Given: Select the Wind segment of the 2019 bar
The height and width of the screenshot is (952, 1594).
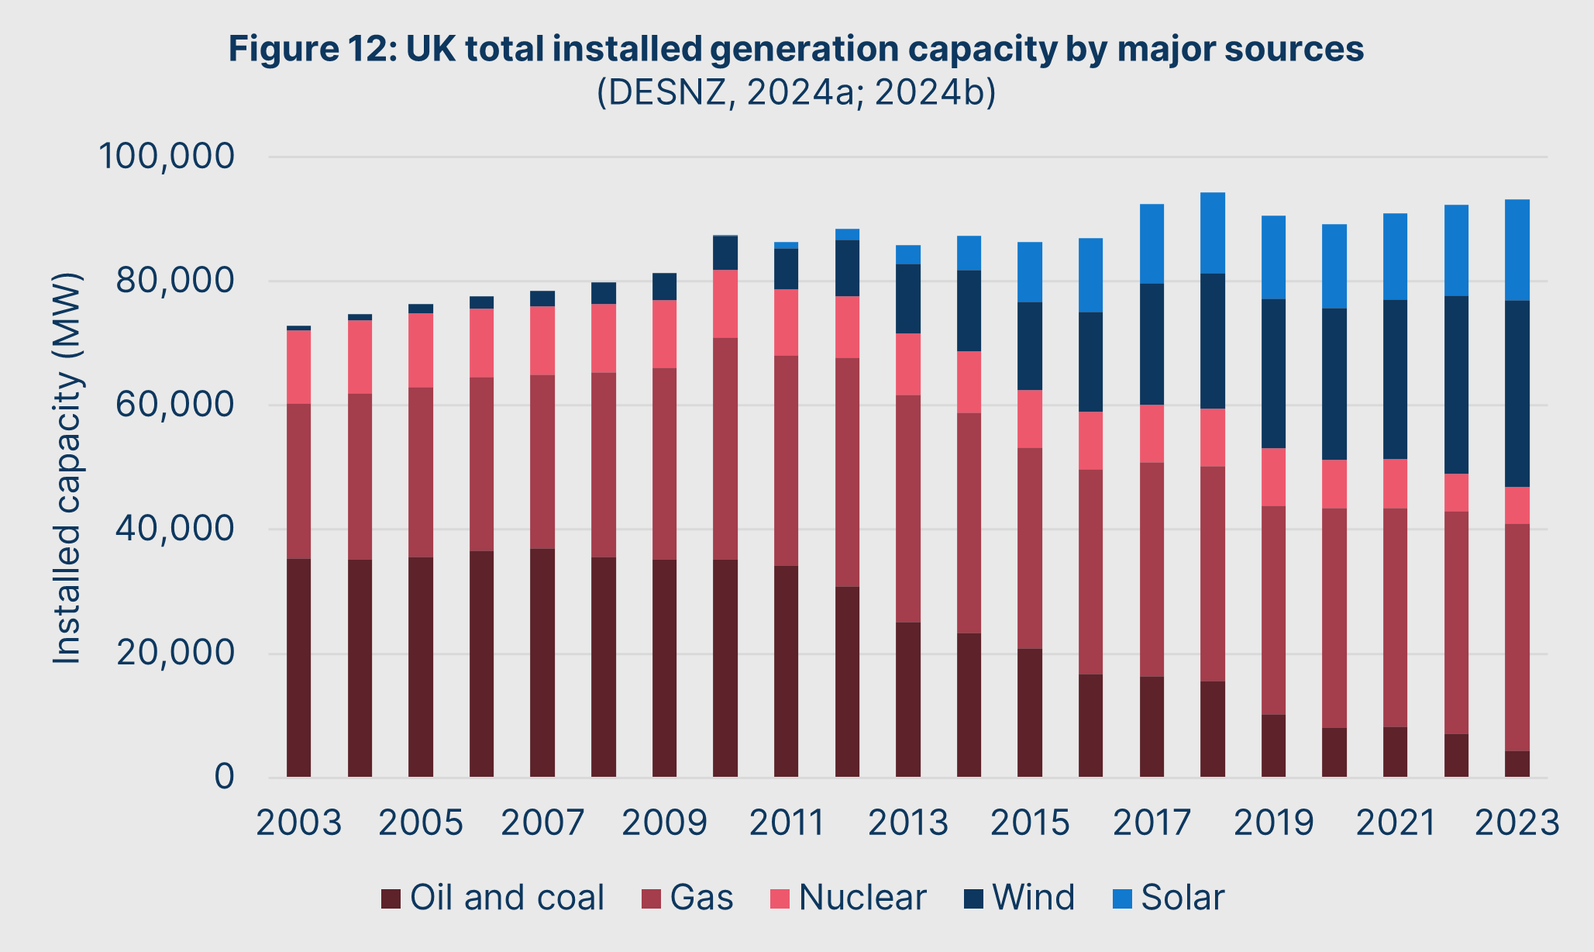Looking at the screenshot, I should coord(1273,373).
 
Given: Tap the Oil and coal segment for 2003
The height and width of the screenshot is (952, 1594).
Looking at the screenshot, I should coord(298,667).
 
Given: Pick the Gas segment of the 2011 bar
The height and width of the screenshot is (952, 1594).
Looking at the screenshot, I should coord(786,460).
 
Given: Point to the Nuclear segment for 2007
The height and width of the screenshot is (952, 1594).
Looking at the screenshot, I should coord(542,340).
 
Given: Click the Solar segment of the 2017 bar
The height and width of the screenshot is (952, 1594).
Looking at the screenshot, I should coord(1152,243).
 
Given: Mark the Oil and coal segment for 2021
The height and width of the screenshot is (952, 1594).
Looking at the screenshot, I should coord(1395,752).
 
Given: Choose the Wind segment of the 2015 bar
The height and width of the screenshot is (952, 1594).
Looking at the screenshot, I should coord(1030,346).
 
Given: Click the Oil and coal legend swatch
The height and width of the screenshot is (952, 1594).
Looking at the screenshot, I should coord(391,899).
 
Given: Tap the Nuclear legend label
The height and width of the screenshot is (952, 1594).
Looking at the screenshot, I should coord(862,898).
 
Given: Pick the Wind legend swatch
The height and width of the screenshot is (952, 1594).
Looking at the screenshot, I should coord(973,899).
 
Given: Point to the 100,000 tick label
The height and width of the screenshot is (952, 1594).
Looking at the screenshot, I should coord(166,157).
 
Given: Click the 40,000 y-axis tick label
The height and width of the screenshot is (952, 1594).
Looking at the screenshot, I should coord(174,529).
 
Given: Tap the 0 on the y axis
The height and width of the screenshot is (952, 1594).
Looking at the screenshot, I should coord(224,777).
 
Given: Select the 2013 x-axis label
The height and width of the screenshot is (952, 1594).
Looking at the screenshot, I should coord(908,823).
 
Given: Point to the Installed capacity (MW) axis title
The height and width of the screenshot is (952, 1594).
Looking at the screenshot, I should coord(67,468).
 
